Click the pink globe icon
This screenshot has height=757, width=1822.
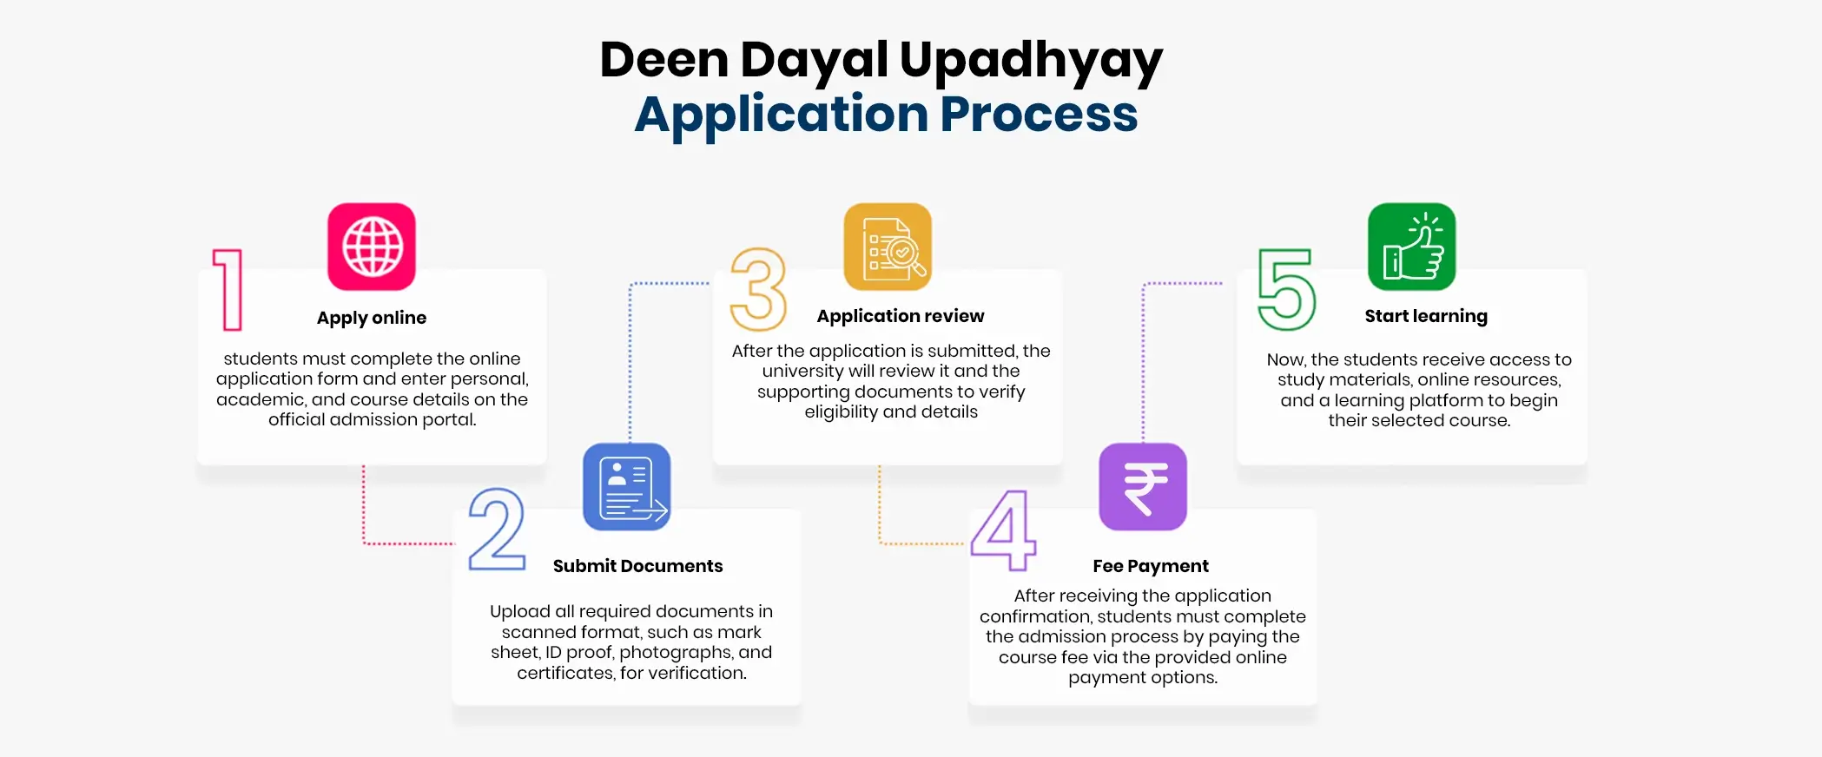click(372, 247)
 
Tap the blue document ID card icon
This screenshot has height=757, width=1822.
click(627, 487)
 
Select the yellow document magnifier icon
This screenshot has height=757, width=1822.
click(888, 247)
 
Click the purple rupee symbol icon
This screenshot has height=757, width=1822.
click(1143, 487)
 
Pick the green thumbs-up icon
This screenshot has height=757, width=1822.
click(1412, 247)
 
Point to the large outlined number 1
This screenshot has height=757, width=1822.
click(228, 289)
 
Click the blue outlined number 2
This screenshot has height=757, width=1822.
click(497, 530)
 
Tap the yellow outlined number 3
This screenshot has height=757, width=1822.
click(758, 289)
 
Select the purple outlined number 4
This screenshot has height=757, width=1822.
click(1004, 530)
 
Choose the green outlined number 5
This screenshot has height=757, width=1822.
click(1287, 289)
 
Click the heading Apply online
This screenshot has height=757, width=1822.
click(372, 318)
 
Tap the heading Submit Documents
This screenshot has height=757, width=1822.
click(637, 566)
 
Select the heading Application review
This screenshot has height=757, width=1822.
click(901, 316)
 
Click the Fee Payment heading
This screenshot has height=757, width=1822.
click(1150, 566)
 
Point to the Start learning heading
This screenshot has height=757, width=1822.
click(1426, 316)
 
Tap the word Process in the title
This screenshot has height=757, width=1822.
click(1039, 115)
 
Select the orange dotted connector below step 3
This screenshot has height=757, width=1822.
click(903, 543)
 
